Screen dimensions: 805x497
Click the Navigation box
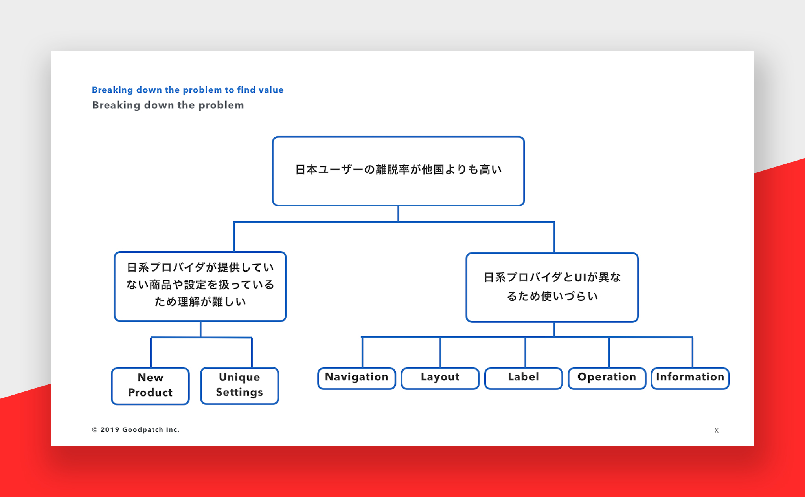357,378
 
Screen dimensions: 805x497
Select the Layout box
440,378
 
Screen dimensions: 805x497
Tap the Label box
524,378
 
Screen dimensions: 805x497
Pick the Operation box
607,378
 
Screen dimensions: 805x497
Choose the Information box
690,378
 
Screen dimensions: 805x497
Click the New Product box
151,386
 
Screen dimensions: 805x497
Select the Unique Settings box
239,386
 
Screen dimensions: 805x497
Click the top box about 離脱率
398,171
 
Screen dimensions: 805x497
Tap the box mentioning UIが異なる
552,287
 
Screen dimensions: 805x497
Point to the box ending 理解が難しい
200,287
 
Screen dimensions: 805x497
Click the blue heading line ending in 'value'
187,90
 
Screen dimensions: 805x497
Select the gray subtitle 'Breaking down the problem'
168,105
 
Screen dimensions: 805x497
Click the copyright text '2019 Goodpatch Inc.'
140,429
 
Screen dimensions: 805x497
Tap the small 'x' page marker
717,430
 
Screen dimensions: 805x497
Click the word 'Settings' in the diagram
239,392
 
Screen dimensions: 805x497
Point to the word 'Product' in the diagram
151,392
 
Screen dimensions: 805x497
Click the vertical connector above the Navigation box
362,352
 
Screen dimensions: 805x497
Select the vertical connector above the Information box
692,352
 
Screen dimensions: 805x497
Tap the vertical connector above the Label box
525,352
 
